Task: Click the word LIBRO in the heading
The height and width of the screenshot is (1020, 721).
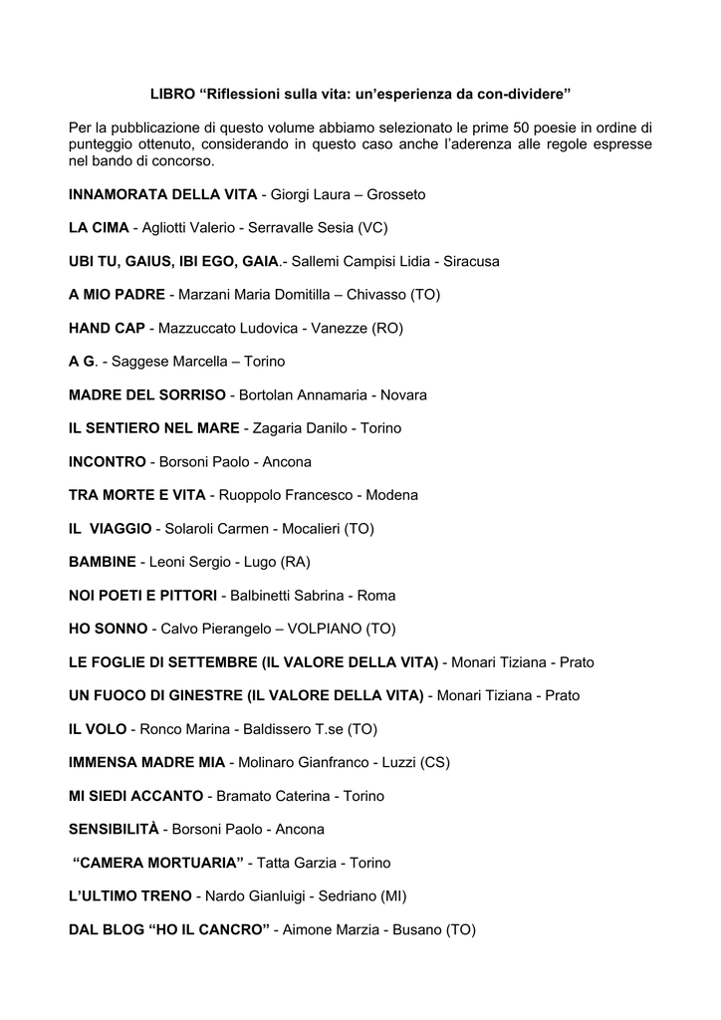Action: click(x=171, y=94)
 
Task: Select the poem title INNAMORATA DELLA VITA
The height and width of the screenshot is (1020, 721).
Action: click(x=162, y=194)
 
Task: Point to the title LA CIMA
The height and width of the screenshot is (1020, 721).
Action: click(x=99, y=228)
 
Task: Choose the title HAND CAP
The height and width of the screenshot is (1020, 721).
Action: click(x=108, y=328)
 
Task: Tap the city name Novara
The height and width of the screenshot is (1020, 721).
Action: click(x=403, y=395)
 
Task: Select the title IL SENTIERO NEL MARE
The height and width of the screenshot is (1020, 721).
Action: click(x=153, y=428)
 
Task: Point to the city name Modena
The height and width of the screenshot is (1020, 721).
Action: click(x=392, y=495)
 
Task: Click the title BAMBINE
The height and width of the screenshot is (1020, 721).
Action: click(x=102, y=562)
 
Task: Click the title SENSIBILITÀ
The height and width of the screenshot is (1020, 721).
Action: click(x=113, y=829)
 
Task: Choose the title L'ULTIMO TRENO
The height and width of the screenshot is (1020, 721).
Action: click(x=129, y=896)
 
